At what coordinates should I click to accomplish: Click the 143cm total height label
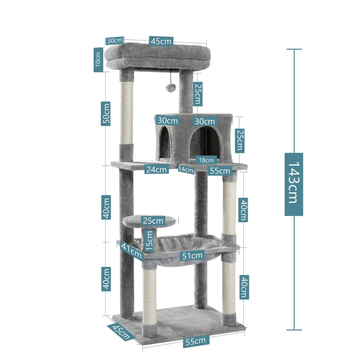[x=293, y=184]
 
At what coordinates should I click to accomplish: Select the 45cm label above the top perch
[x=161, y=41]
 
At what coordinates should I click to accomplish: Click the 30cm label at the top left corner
[x=115, y=40]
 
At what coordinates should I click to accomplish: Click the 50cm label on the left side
[x=105, y=113]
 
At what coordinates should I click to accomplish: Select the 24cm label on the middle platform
[x=157, y=169]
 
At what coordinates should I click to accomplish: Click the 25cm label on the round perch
[x=152, y=220]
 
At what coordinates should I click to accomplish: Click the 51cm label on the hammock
[x=192, y=256]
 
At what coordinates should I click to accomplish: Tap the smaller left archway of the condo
[x=165, y=143]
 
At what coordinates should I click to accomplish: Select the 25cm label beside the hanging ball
[x=197, y=93]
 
